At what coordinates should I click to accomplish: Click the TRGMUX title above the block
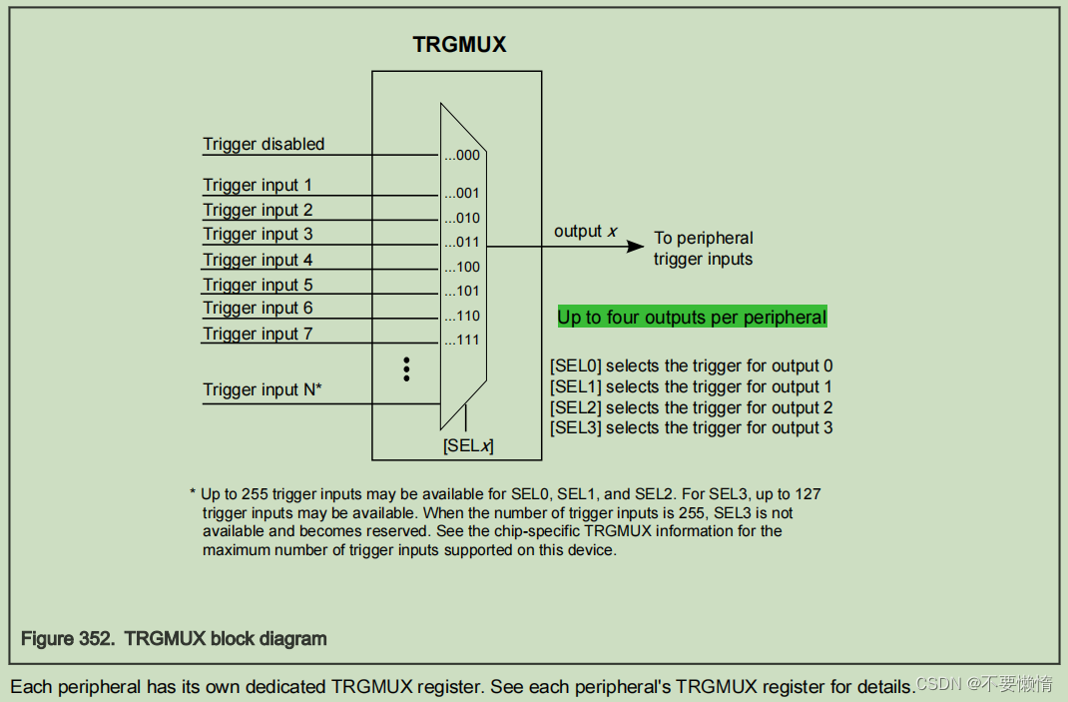click(x=459, y=45)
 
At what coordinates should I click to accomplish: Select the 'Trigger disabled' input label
click(x=264, y=144)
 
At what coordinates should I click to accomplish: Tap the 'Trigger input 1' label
click(x=258, y=185)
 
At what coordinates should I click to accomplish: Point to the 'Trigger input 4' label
click(x=258, y=260)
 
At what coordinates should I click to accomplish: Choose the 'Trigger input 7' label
click(x=258, y=334)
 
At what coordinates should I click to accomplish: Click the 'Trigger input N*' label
click(x=263, y=389)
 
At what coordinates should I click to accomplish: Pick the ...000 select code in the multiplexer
click(x=462, y=156)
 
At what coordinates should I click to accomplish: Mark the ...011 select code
click(x=462, y=243)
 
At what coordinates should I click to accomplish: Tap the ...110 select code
click(x=462, y=316)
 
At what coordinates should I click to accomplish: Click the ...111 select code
click(x=462, y=341)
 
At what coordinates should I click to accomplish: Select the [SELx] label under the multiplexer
click(x=468, y=446)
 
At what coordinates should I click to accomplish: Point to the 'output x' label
click(x=585, y=232)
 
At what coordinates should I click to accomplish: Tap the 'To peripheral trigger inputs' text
click(x=703, y=249)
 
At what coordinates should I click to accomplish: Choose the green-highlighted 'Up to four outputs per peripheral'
click(x=692, y=318)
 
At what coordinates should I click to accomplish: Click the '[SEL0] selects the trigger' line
click(x=691, y=365)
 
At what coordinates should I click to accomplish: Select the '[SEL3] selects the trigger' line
click(x=691, y=428)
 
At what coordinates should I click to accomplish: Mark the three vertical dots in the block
click(x=406, y=368)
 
